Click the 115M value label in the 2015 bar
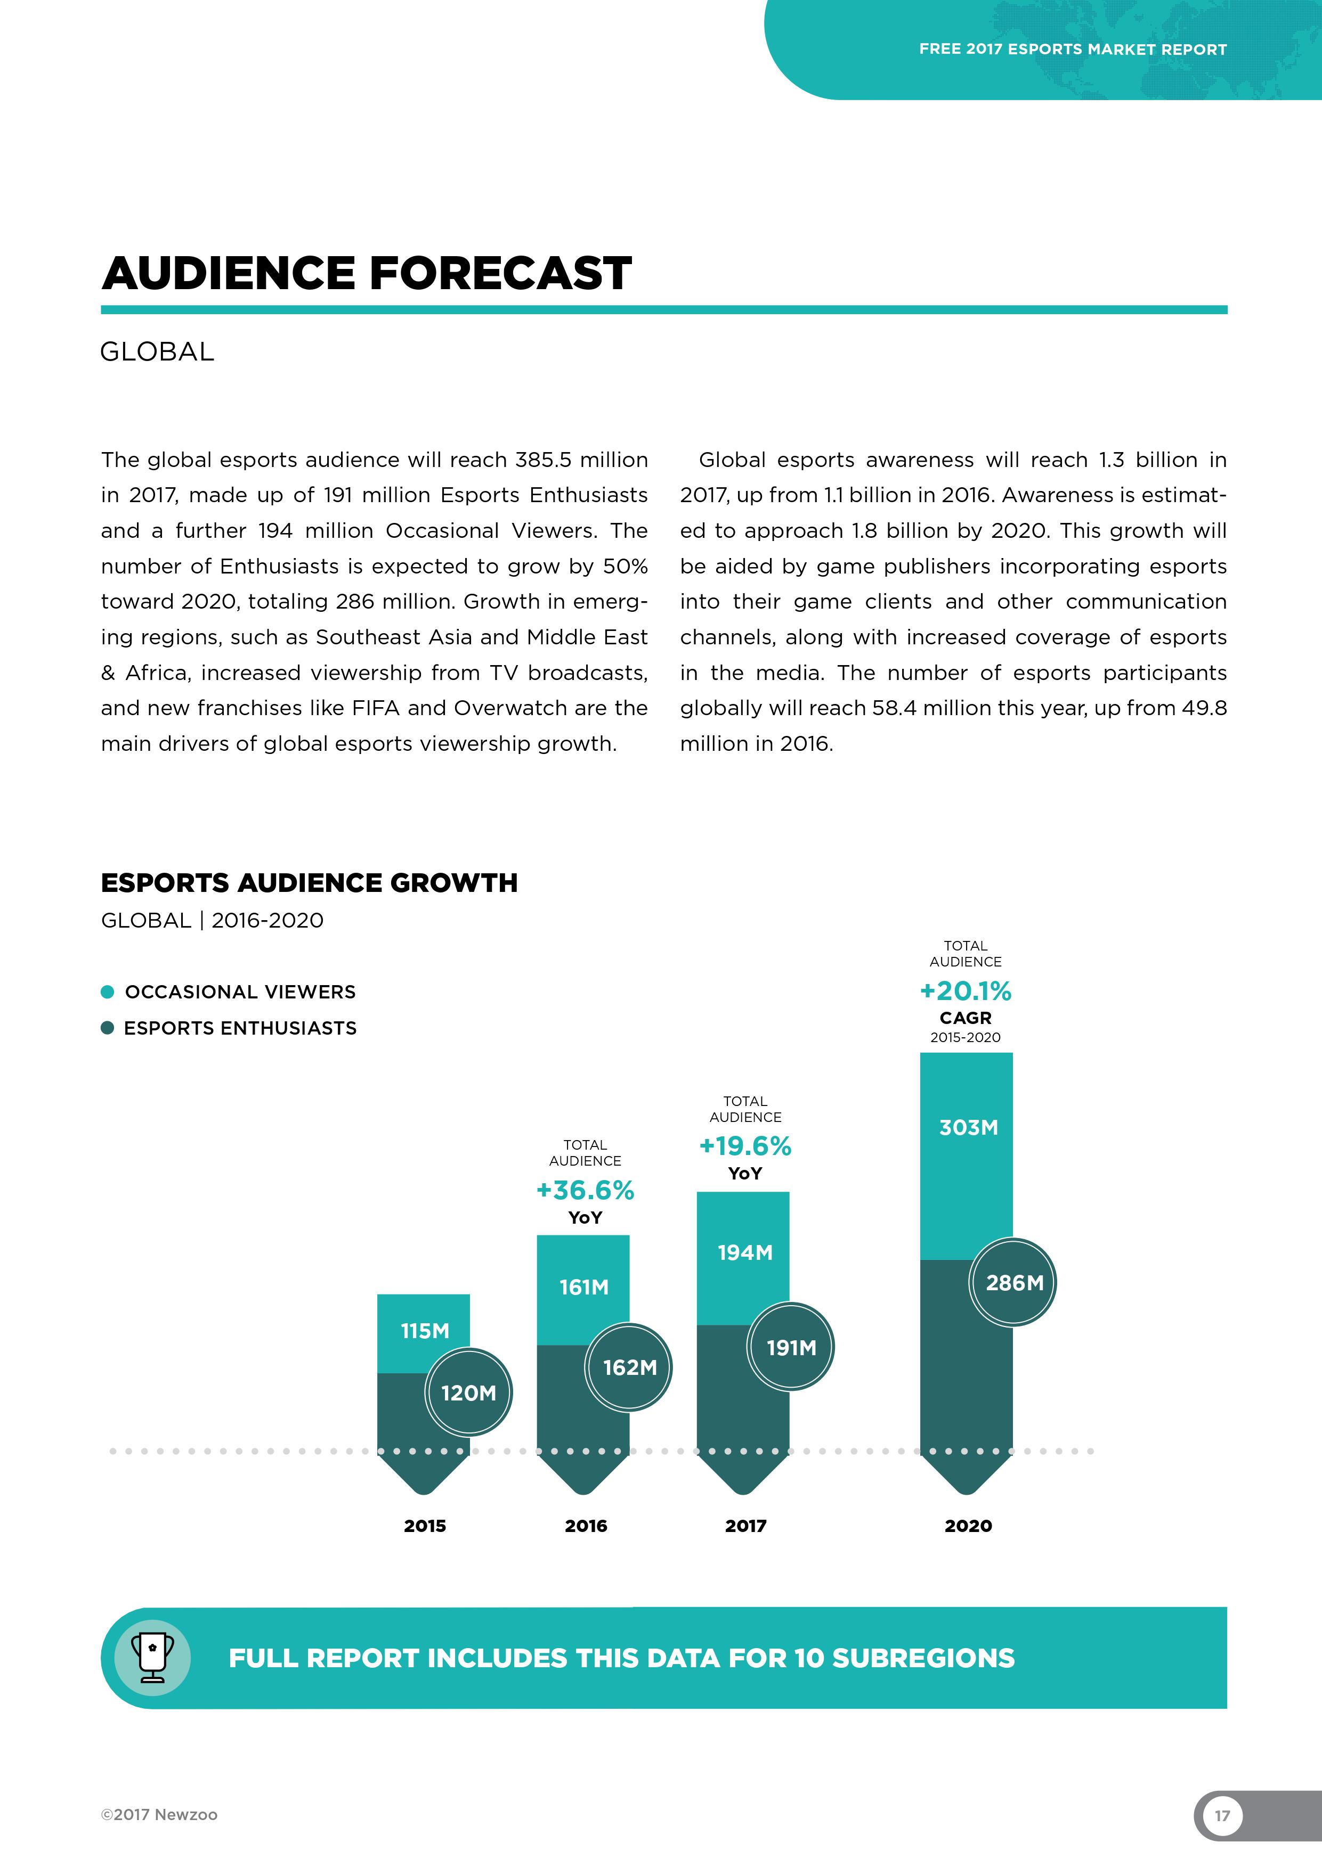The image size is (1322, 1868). pos(424,1331)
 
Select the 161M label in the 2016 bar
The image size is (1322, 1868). pos(583,1287)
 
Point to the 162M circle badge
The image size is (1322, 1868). pos(629,1367)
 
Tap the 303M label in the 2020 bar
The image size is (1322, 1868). pos(968,1128)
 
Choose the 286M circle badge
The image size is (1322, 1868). pos(1013,1283)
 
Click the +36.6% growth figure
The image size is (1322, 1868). pos(585,1190)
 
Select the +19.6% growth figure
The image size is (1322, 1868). pos(745,1146)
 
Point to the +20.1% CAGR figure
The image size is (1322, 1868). pos(966,991)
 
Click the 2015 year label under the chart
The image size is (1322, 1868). pos(425,1526)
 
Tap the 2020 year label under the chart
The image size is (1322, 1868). pos(968,1526)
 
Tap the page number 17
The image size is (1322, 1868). pos(1222,1816)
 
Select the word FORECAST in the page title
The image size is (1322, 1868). pos(501,273)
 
